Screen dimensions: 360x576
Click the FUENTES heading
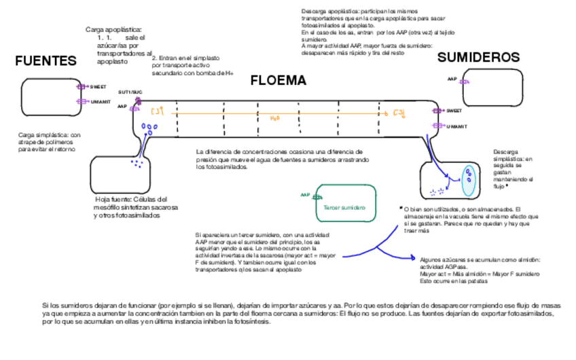tap(46, 61)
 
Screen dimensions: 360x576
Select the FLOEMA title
tap(278, 81)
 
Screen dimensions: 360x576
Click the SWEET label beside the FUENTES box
tap(98, 87)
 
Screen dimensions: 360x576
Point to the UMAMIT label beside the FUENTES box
tap(100, 101)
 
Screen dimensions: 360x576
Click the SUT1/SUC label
tap(130, 91)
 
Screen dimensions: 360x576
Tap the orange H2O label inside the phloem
tap(274, 118)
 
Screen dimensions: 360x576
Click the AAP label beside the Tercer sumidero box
tap(305, 195)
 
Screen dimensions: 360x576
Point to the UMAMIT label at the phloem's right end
tap(456, 126)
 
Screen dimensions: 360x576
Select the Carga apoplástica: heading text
tap(113, 29)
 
